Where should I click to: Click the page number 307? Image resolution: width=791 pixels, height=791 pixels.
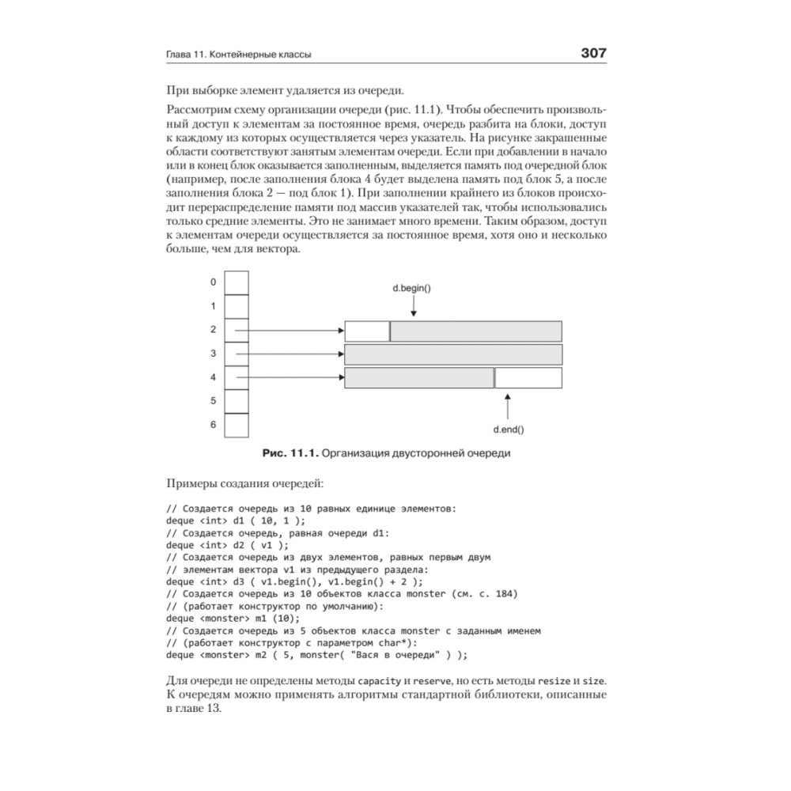[x=593, y=54]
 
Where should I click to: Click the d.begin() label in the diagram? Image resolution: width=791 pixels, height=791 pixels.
[x=412, y=288]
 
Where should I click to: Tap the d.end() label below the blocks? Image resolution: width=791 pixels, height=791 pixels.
[x=508, y=430]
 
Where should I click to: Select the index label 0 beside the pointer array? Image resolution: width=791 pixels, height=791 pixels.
[x=213, y=282]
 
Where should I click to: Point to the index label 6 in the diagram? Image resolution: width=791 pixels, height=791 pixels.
[x=213, y=425]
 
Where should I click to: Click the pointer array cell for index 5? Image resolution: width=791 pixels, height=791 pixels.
[x=236, y=401]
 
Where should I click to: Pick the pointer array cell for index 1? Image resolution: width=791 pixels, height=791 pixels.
[x=236, y=306]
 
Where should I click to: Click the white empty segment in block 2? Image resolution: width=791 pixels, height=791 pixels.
[x=367, y=331]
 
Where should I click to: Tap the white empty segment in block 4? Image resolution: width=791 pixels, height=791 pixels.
[x=528, y=377]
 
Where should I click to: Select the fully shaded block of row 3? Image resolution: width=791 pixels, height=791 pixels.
[x=453, y=354]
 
